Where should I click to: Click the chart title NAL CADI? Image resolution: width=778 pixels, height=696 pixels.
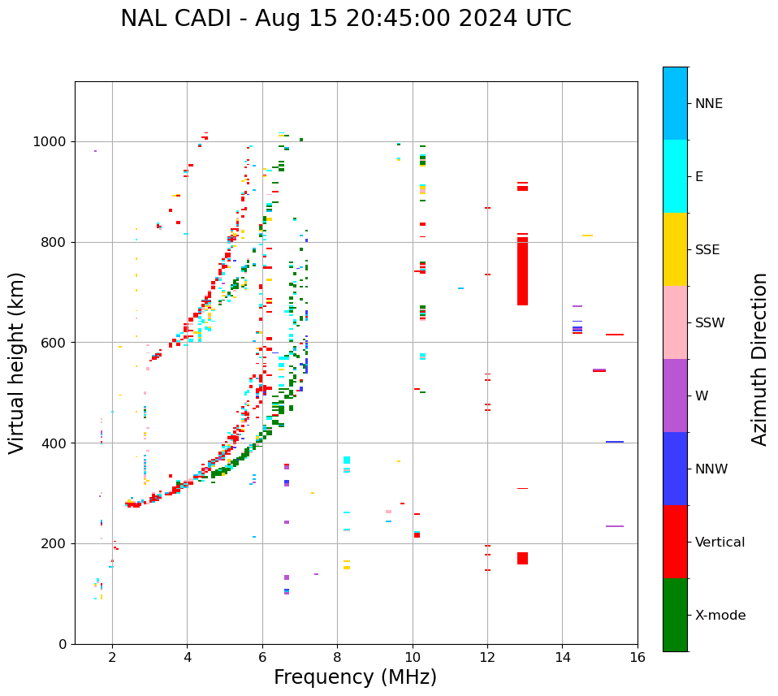click(x=345, y=19)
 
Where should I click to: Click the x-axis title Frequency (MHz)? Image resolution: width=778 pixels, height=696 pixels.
click(x=355, y=677)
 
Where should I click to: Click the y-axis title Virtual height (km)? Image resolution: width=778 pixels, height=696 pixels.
click(x=17, y=362)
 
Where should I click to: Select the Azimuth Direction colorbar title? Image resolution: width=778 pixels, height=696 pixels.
click(x=759, y=359)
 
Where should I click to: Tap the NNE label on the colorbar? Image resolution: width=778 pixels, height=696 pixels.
click(x=708, y=104)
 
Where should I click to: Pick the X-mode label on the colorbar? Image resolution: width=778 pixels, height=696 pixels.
click(x=720, y=616)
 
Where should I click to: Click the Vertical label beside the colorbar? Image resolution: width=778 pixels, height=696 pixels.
click(x=720, y=543)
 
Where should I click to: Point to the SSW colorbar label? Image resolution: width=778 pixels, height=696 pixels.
click(x=710, y=323)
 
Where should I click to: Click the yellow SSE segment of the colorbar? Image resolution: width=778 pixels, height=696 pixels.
click(x=675, y=249)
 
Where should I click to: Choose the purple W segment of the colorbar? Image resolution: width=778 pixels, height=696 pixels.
click(x=675, y=396)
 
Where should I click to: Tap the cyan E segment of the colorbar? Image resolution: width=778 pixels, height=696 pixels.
click(x=675, y=176)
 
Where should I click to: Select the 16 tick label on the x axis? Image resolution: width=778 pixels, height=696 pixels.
click(x=638, y=657)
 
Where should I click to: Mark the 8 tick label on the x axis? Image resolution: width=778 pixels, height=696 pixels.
click(x=337, y=657)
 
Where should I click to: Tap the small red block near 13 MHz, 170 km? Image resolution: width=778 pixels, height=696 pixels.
click(x=522, y=558)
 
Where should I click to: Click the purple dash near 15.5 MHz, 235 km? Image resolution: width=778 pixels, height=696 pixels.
click(x=615, y=526)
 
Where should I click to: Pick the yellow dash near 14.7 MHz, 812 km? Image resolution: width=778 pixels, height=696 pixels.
click(x=587, y=236)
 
